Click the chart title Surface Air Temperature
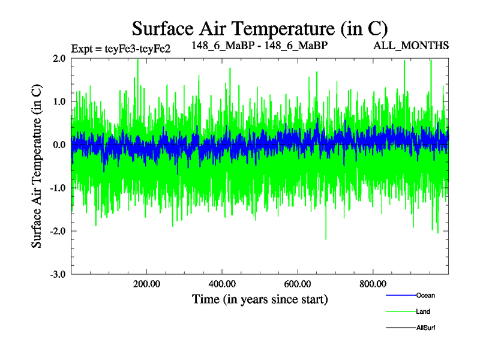(x=260, y=28)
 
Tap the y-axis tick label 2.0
(x=59, y=58)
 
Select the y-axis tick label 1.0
(x=59, y=101)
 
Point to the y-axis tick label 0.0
(x=59, y=145)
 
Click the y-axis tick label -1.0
(x=58, y=188)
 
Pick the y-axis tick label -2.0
(x=58, y=231)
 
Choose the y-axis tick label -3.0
(x=58, y=274)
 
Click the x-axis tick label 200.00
(x=146, y=284)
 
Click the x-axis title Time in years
(x=260, y=299)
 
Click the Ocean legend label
(x=425, y=295)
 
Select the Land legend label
(x=423, y=311)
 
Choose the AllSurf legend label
(x=427, y=328)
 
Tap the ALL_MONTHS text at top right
(x=420, y=46)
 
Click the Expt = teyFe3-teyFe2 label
(x=121, y=49)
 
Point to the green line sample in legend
(x=399, y=311)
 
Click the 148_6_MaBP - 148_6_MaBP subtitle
(x=260, y=46)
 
